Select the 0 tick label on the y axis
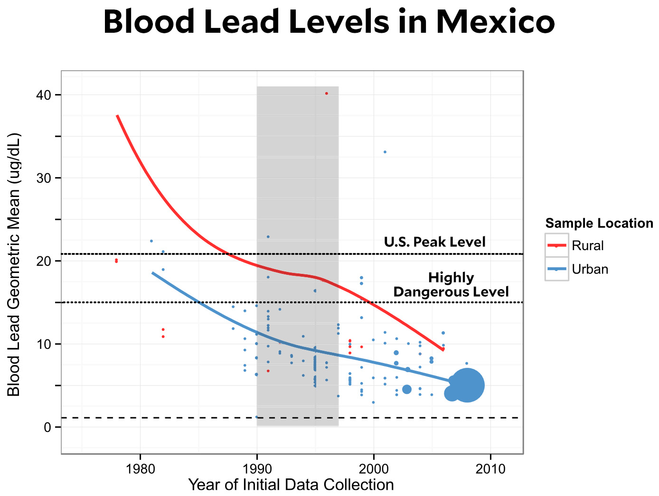tap(47, 427)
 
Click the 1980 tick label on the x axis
tap(140, 469)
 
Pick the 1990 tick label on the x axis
tap(257, 469)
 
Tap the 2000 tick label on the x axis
tap(374, 469)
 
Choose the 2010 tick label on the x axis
tap(490, 469)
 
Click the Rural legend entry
tap(587, 245)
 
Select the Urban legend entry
tap(589, 269)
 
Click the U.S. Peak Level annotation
tap(434, 242)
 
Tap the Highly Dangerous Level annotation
tap(451, 285)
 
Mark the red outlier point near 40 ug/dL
tap(327, 94)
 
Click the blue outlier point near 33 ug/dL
tap(385, 152)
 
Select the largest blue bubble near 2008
tap(467, 385)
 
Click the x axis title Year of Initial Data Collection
tap(291, 485)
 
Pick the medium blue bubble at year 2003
tap(407, 389)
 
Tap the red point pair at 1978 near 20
tap(116, 261)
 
